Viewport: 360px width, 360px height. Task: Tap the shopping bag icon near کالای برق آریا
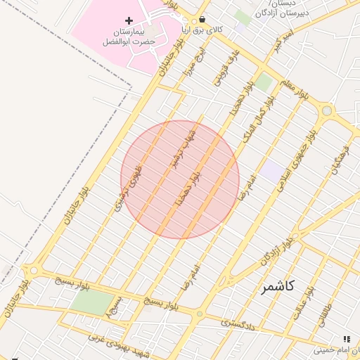(x=202, y=20)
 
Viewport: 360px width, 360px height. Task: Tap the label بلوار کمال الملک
(x=258, y=117)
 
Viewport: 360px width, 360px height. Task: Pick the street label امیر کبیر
(x=283, y=41)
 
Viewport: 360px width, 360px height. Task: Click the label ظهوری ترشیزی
(x=127, y=188)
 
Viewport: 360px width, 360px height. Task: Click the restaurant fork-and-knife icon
(x=345, y=339)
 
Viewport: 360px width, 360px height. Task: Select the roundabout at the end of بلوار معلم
(x=326, y=110)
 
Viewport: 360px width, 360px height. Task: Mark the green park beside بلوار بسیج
(x=91, y=302)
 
